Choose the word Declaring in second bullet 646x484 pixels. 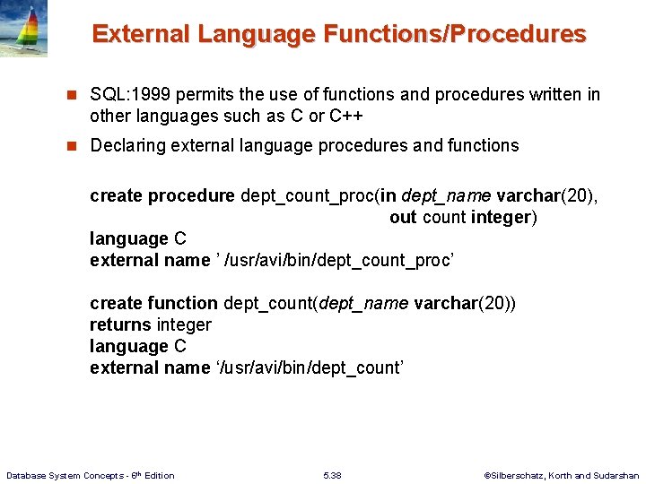point(127,145)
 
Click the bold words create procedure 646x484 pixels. point(162,196)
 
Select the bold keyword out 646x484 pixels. point(402,218)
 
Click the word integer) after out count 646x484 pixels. point(505,218)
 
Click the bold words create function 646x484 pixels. point(153,304)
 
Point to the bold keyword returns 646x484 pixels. point(120,325)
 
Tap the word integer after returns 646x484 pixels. point(184,325)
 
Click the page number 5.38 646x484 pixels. point(331,475)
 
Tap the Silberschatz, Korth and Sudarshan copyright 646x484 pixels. point(561,475)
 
